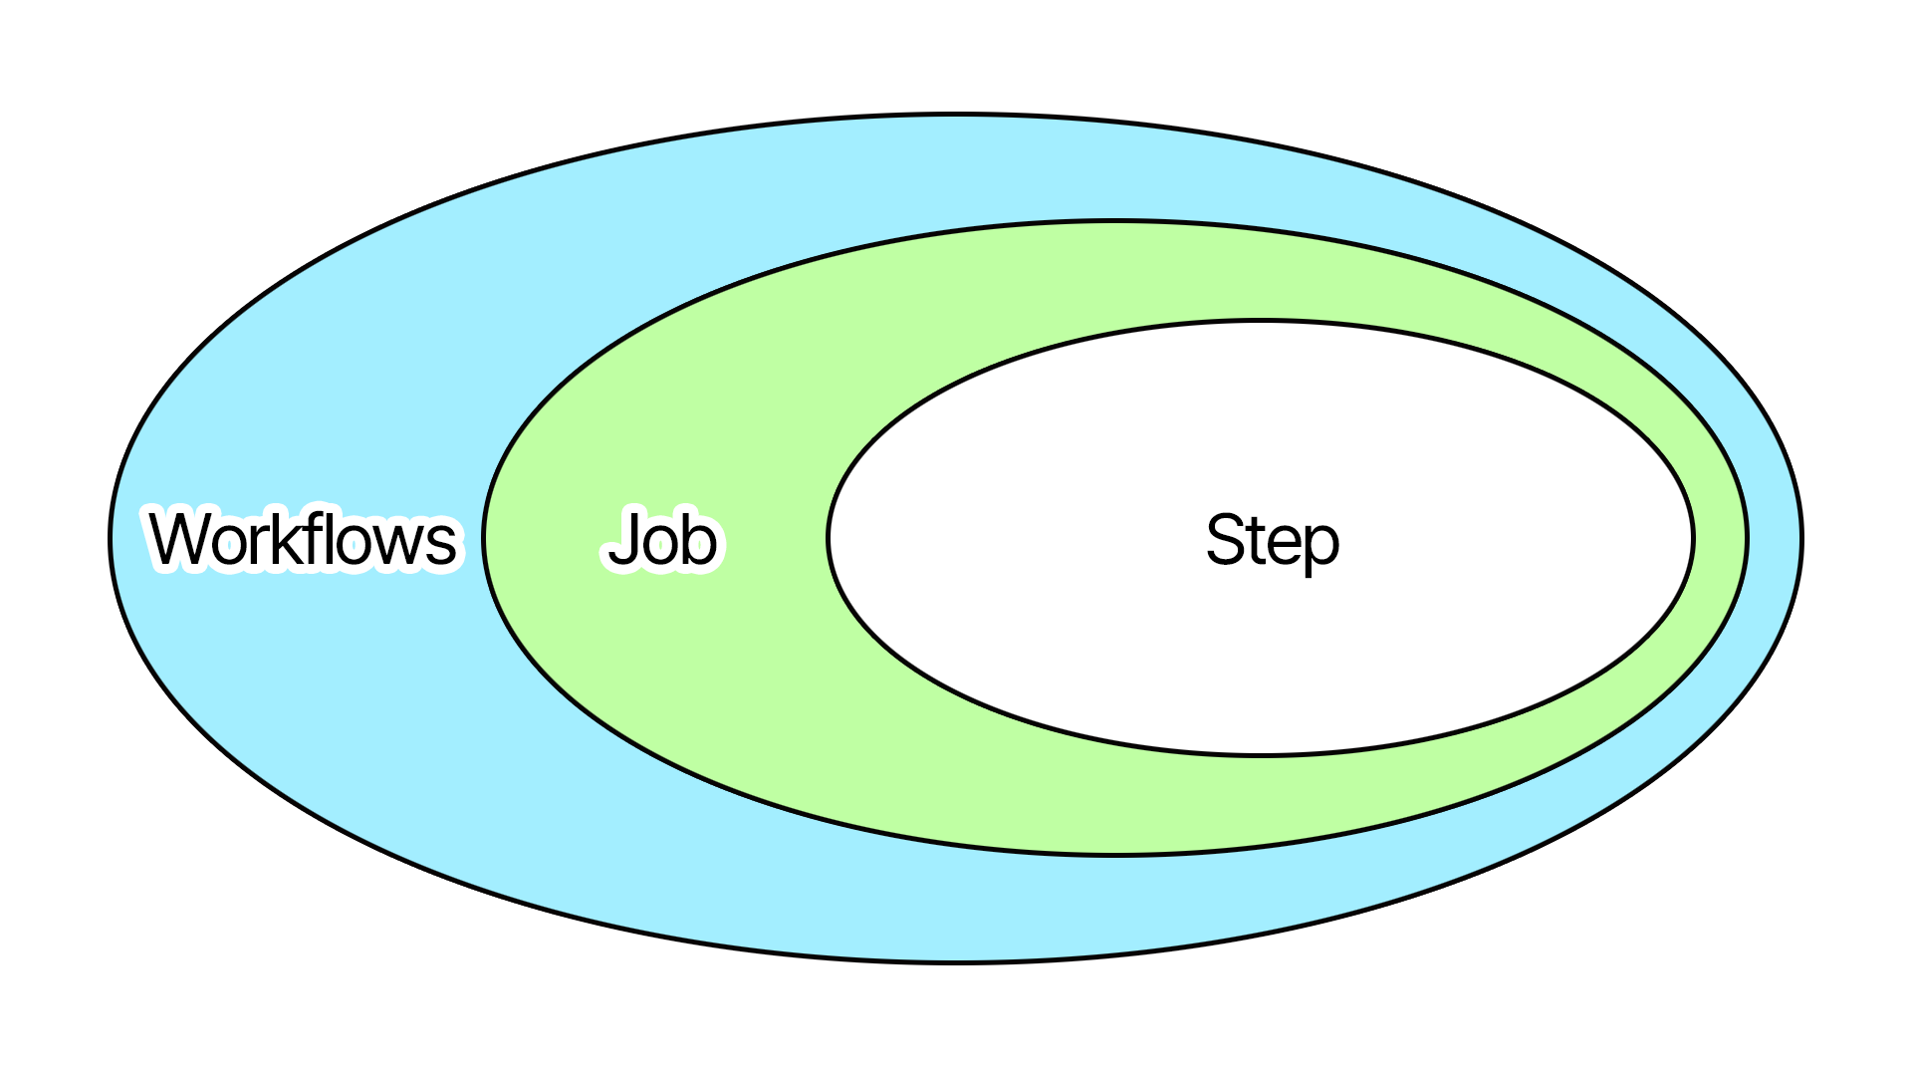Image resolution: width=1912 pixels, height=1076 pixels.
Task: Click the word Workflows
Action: point(303,539)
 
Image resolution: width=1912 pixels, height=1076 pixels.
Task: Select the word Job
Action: point(662,539)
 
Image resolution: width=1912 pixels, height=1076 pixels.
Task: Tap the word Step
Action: point(1272,540)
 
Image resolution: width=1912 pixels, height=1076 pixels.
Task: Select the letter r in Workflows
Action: point(263,546)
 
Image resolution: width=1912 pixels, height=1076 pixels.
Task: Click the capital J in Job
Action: point(624,539)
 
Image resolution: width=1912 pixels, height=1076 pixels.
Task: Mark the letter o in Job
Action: point(660,546)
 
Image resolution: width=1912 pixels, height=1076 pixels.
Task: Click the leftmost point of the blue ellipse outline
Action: point(110,538)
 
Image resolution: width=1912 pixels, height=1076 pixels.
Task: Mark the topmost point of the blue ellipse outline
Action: point(956,115)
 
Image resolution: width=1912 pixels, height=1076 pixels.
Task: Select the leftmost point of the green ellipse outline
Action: point(483,538)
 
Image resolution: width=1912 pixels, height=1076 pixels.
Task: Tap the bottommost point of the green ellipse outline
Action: point(1114,855)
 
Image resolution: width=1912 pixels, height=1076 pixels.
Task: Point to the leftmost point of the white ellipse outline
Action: point(828,538)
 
